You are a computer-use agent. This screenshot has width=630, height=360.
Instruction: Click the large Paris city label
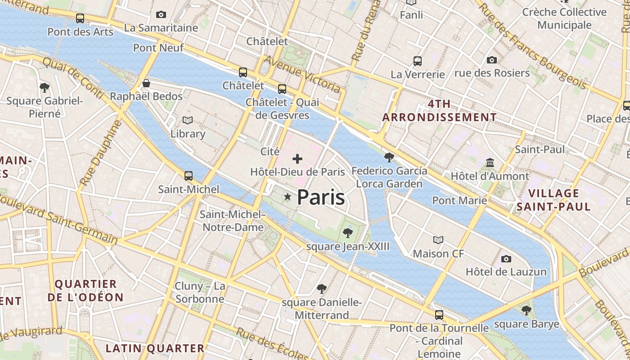pyautogui.click(x=321, y=198)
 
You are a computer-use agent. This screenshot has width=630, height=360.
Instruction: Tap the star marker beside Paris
pyautogui.click(x=288, y=197)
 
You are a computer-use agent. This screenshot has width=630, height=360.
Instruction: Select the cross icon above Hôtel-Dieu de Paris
pyautogui.click(x=297, y=158)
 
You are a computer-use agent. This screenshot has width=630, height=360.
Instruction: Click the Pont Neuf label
pyautogui.click(x=158, y=47)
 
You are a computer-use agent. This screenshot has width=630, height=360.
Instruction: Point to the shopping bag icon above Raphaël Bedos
pyautogui.click(x=146, y=83)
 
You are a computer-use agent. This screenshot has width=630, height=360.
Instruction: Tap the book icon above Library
pyautogui.click(x=188, y=120)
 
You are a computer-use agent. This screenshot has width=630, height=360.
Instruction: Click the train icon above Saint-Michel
pyautogui.click(x=189, y=175)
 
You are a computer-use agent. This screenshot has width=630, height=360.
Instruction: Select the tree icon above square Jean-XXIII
pyautogui.click(x=347, y=233)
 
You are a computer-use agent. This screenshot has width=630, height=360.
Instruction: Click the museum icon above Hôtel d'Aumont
pyautogui.click(x=490, y=162)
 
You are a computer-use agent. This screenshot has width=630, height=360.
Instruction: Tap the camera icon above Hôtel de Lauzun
pyautogui.click(x=506, y=259)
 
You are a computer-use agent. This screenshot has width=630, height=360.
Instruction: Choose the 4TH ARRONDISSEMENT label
pyautogui.click(x=439, y=111)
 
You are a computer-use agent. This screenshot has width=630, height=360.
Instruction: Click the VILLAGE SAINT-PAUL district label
pyautogui.click(x=553, y=200)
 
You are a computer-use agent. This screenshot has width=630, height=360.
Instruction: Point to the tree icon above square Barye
pyautogui.click(x=526, y=310)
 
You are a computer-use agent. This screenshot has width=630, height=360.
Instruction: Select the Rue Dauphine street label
pyautogui.click(x=100, y=153)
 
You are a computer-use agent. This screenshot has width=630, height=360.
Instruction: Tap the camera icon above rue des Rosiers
pyautogui.click(x=492, y=60)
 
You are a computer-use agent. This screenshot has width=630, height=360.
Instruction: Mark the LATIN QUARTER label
pyautogui.click(x=155, y=348)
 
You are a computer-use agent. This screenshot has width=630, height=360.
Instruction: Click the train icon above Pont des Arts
pyautogui.click(x=80, y=18)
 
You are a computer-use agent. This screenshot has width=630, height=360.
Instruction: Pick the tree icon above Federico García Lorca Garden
pyautogui.click(x=389, y=157)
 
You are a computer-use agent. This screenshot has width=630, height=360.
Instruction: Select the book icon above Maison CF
pyautogui.click(x=438, y=240)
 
